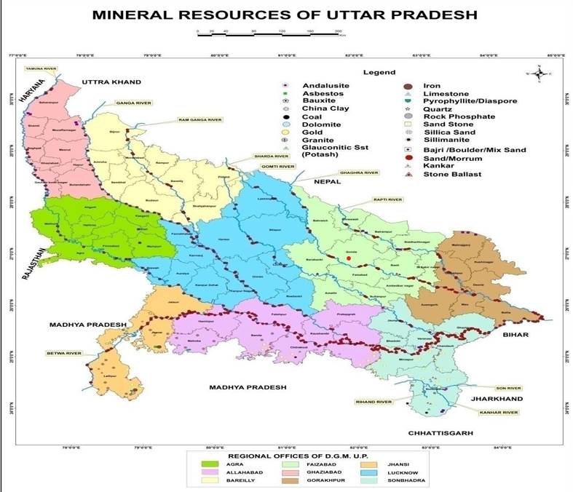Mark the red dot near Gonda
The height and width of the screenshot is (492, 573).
(349, 258)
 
